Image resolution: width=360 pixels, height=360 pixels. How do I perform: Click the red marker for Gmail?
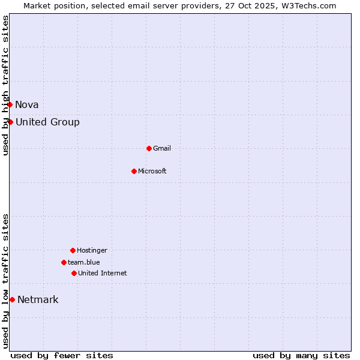click(149, 148)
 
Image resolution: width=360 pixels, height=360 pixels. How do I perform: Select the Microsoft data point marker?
click(134, 171)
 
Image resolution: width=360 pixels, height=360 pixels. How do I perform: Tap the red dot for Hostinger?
click(73, 250)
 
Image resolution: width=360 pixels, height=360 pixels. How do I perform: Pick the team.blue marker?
click(64, 262)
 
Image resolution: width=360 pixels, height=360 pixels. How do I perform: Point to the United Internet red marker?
click(74, 273)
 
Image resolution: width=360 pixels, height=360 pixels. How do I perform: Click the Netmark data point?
click(12, 299)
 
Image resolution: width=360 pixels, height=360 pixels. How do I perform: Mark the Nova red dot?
click(10, 104)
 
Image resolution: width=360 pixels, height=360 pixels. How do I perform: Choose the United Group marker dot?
click(10, 122)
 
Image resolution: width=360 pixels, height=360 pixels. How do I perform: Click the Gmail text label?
click(162, 148)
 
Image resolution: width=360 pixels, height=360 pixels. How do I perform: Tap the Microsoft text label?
click(152, 171)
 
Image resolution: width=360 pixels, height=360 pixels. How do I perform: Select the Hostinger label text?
click(92, 250)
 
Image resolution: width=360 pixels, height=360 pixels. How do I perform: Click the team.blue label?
click(84, 262)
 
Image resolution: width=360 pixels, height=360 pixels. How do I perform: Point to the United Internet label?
click(103, 273)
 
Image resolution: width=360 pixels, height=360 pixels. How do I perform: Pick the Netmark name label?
click(38, 299)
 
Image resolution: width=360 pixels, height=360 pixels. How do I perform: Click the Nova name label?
click(27, 104)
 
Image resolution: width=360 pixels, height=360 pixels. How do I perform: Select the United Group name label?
click(47, 122)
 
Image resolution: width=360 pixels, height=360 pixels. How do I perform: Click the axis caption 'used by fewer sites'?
click(62, 355)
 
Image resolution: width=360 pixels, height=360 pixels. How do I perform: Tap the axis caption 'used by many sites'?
click(301, 355)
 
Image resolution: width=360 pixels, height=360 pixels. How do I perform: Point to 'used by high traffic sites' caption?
click(6, 85)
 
